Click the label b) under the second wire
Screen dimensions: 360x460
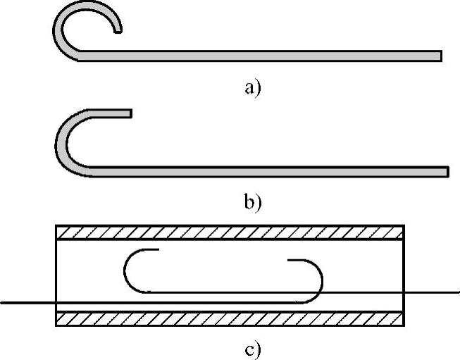pyautogui.click(x=252, y=203)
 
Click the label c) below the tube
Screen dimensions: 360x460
pyautogui.click(x=252, y=348)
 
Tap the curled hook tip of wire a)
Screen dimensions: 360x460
pyautogui.click(x=118, y=28)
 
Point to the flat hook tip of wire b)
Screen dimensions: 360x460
pyautogui.click(x=128, y=113)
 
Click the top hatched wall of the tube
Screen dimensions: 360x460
pyautogui.click(x=230, y=232)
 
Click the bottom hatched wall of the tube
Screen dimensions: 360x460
pyautogui.click(x=230, y=318)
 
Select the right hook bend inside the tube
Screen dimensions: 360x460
pyautogui.click(x=321, y=279)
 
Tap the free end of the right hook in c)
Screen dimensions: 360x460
pyautogui.click(x=289, y=261)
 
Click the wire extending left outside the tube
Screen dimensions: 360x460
pyautogui.click(x=28, y=302)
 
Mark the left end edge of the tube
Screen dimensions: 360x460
pyautogui.click(x=56, y=275)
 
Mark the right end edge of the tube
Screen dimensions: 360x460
pyautogui.click(x=404, y=275)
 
